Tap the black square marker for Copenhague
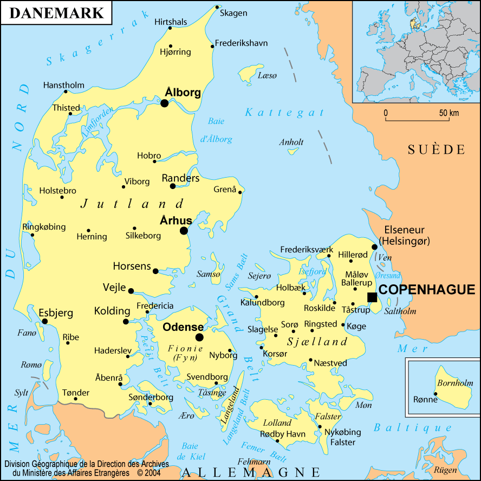point(372,297)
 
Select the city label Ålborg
point(183,93)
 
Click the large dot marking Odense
point(199,337)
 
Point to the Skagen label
point(233,13)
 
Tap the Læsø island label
point(267,75)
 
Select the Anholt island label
point(291,142)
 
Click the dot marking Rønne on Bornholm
point(435,394)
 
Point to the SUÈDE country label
point(436,150)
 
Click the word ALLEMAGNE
point(251,472)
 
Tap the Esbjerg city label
point(56,313)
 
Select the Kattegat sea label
point(285,113)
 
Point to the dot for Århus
point(184,231)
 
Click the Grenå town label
point(225,190)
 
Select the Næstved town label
point(330,363)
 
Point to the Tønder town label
point(75,392)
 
